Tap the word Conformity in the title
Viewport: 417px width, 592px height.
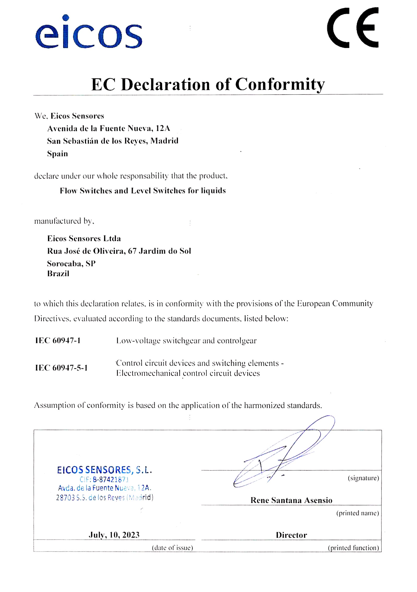[x=280, y=84]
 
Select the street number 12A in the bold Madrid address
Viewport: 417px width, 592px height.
[x=163, y=128]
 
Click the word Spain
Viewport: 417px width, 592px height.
[x=57, y=154]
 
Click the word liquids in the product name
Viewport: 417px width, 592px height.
[x=213, y=191]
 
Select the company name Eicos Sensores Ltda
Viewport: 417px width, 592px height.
[x=84, y=238]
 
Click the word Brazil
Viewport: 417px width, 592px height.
[x=58, y=273]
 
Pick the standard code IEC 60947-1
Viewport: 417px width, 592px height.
[x=58, y=340]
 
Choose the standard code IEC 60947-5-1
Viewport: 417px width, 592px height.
[x=62, y=368]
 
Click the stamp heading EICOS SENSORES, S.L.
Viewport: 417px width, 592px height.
[x=104, y=470]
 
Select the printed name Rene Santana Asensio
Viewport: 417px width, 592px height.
[x=291, y=500]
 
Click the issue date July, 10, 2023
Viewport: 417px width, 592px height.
[x=114, y=535]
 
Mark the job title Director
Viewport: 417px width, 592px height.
[x=291, y=535]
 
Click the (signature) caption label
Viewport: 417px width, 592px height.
[x=363, y=478]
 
